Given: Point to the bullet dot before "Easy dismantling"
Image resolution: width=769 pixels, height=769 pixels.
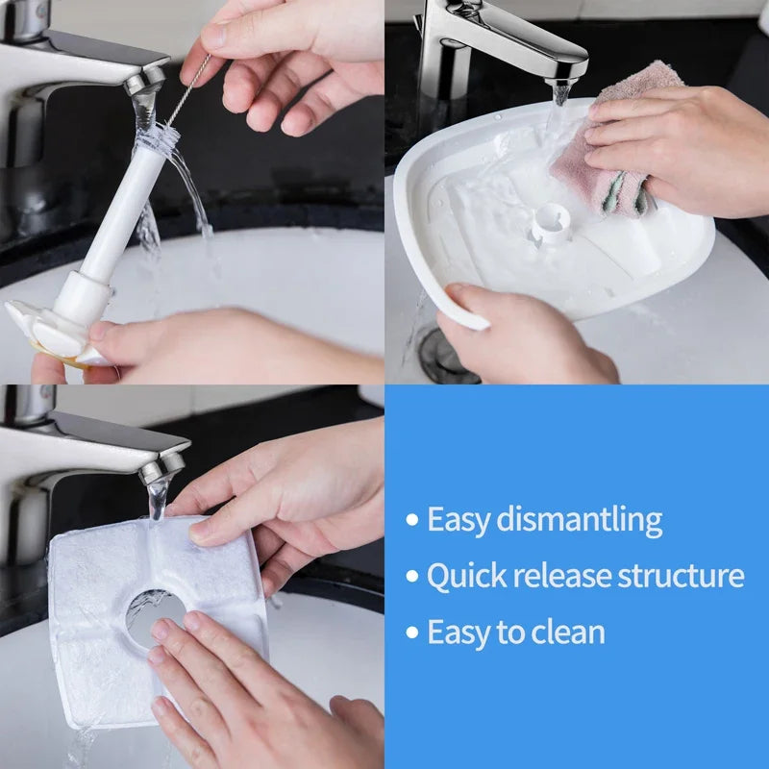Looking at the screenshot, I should coord(412,521).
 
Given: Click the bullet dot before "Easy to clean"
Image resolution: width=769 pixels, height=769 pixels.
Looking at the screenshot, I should coord(412,633).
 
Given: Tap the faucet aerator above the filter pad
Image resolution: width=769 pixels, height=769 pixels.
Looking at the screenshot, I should coord(161,467).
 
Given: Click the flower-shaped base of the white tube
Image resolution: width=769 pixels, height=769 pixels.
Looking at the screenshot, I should coord(48,332).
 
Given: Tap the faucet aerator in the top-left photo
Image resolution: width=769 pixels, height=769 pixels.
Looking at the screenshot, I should coord(144,82).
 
